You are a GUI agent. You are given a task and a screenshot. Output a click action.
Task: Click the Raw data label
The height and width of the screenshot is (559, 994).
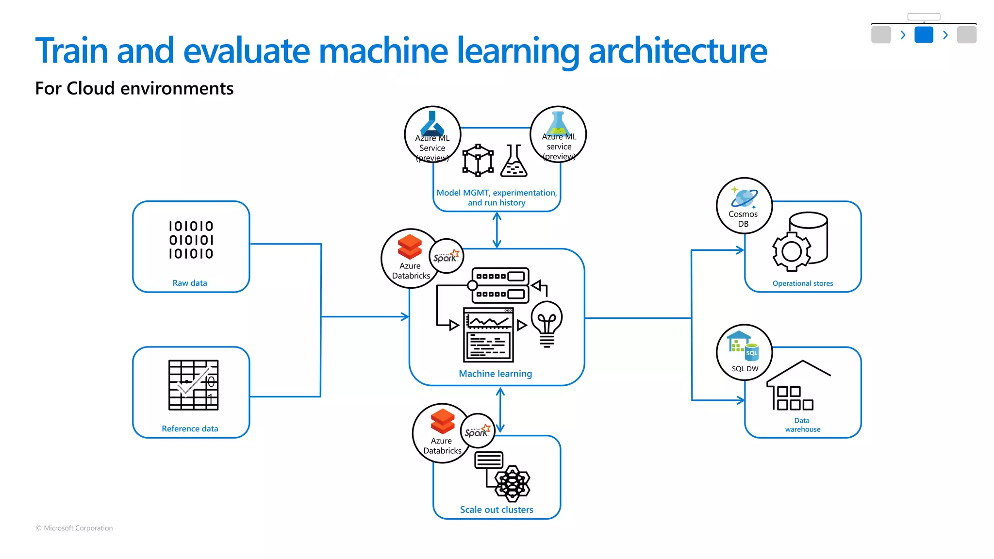click(x=190, y=283)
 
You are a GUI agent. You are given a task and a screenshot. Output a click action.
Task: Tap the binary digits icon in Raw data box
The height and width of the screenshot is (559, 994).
click(x=191, y=240)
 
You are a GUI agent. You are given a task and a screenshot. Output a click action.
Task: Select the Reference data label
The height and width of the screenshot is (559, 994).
click(x=190, y=428)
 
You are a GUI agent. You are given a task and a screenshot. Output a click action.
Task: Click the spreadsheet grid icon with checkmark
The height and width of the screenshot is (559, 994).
click(x=193, y=385)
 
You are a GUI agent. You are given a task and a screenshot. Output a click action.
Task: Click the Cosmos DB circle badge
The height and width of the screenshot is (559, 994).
click(x=744, y=206)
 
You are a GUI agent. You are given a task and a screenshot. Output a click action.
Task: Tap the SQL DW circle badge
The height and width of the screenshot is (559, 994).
click(x=744, y=352)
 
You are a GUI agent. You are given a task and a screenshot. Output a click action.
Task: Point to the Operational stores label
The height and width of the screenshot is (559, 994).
click(x=802, y=283)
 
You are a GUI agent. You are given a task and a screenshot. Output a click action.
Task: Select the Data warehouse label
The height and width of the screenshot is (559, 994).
click(x=802, y=425)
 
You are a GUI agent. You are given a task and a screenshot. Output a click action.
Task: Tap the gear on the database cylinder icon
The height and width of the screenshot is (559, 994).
click(x=792, y=251)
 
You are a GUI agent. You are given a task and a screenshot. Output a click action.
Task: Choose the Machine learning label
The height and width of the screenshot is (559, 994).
click(x=495, y=374)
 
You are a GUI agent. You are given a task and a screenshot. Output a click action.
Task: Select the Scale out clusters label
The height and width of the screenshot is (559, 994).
click(x=497, y=510)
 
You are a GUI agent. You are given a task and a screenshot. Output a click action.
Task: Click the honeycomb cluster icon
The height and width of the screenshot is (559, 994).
click(x=512, y=483)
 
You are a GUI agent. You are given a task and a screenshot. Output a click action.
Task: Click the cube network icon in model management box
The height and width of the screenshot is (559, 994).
click(x=478, y=160)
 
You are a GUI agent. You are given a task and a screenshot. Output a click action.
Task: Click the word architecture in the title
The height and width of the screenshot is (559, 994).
click(x=678, y=50)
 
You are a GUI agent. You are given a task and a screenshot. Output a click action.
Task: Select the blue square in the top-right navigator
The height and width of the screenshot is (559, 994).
click(x=923, y=35)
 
